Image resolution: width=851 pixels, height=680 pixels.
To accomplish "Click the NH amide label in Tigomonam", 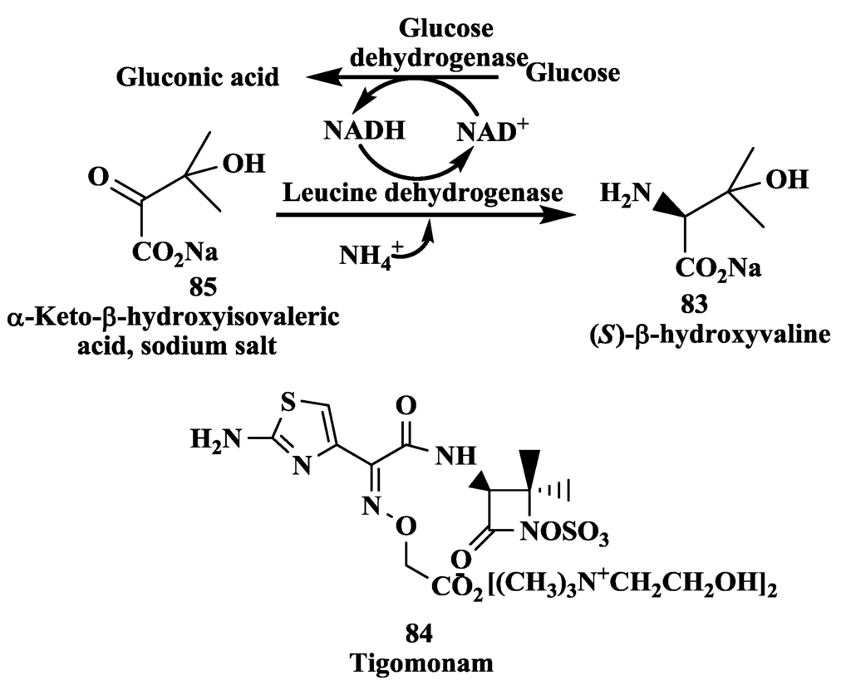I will click(455, 454).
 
